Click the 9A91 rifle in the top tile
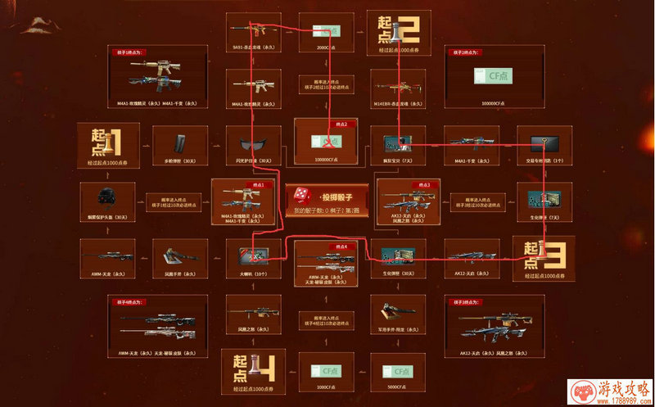click(252, 31)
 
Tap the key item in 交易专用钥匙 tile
click(543, 144)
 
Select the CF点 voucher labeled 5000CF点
click(396, 369)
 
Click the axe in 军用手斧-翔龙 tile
click(398, 311)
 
